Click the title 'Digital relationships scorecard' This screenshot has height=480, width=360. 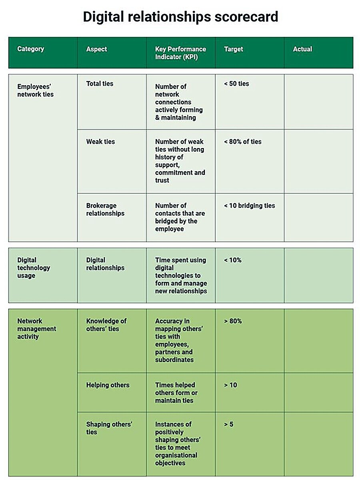(x=180, y=17)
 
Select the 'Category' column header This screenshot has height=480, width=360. (x=30, y=49)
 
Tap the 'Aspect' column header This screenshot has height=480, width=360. (x=96, y=49)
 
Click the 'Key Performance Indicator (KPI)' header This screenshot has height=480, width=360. (x=180, y=53)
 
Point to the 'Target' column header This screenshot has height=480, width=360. (x=234, y=49)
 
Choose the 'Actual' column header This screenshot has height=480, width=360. (x=302, y=49)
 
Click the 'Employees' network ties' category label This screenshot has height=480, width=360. (x=35, y=90)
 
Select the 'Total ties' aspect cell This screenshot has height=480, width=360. (x=100, y=84)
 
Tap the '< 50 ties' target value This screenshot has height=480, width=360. (x=236, y=84)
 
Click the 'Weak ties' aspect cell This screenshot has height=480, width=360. (x=100, y=142)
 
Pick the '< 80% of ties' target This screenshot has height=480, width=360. (x=243, y=142)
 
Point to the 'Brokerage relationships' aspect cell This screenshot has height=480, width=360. (x=105, y=210)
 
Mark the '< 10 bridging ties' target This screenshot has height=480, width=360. (x=250, y=206)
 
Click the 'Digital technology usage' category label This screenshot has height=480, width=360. (x=34, y=268)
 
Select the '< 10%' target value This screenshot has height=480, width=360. (x=233, y=260)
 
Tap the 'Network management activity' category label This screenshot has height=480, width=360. (x=36, y=329)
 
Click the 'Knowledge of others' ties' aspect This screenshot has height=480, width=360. (x=106, y=325)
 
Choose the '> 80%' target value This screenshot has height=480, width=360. (x=233, y=321)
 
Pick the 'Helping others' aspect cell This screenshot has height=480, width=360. (x=108, y=385)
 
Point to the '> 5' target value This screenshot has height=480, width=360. (x=229, y=424)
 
